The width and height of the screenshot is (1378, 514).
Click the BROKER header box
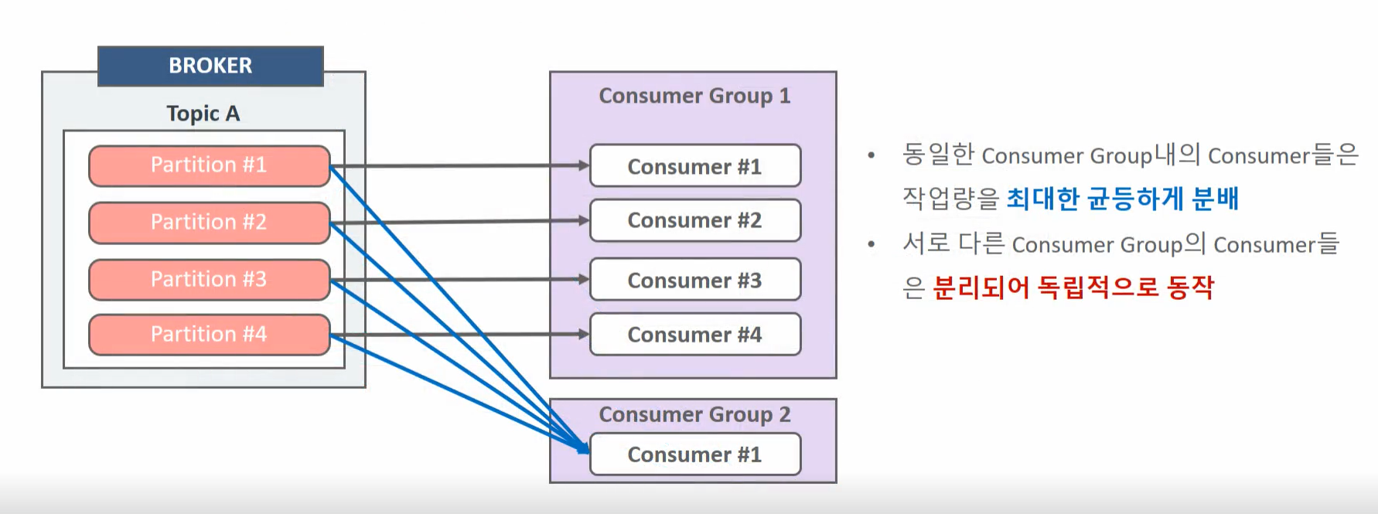(210, 66)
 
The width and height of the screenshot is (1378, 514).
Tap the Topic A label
(203, 114)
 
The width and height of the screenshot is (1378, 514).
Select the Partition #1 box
(209, 165)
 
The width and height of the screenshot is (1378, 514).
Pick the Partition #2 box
(209, 223)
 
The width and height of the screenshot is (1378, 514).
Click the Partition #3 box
(209, 279)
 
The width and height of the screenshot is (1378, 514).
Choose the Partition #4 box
(209, 335)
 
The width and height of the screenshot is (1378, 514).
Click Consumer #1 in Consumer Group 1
(694, 166)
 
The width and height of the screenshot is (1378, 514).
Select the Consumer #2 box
(694, 220)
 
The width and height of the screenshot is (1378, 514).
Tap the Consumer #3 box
(694, 280)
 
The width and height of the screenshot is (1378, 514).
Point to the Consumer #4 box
(694, 335)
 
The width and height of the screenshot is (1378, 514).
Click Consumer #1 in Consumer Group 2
(694, 454)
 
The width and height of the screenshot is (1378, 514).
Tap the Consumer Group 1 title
(694, 96)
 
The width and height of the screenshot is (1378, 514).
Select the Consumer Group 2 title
(694, 415)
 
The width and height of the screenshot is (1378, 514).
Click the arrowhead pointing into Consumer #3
(584, 279)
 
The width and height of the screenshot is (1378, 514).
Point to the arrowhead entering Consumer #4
(584, 334)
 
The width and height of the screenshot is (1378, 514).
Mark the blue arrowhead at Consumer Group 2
(583, 448)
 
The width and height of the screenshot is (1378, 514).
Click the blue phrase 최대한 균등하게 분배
(1122, 199)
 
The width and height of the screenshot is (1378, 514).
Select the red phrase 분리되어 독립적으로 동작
(1073, 288)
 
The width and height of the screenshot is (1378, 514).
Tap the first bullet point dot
(871, 155)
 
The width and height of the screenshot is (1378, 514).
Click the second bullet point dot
(871, 244)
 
